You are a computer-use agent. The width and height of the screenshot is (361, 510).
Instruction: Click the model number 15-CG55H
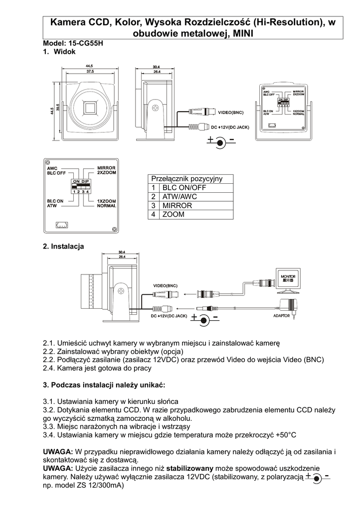tap(87, 43)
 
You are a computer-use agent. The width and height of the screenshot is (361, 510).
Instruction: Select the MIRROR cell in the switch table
tap(174, 206)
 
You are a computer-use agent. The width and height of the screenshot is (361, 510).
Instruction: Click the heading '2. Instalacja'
tap(64, 247)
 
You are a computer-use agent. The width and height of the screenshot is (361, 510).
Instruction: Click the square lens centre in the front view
tap(91, 108)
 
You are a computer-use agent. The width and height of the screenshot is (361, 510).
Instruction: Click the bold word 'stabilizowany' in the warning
tap(190, 468)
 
